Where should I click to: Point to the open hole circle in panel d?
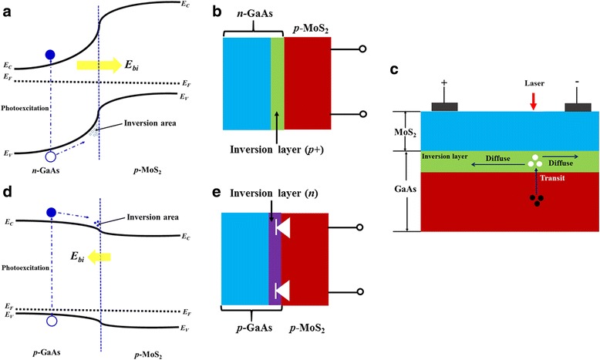click(51, 321)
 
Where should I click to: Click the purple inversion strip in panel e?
click(275, 280)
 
